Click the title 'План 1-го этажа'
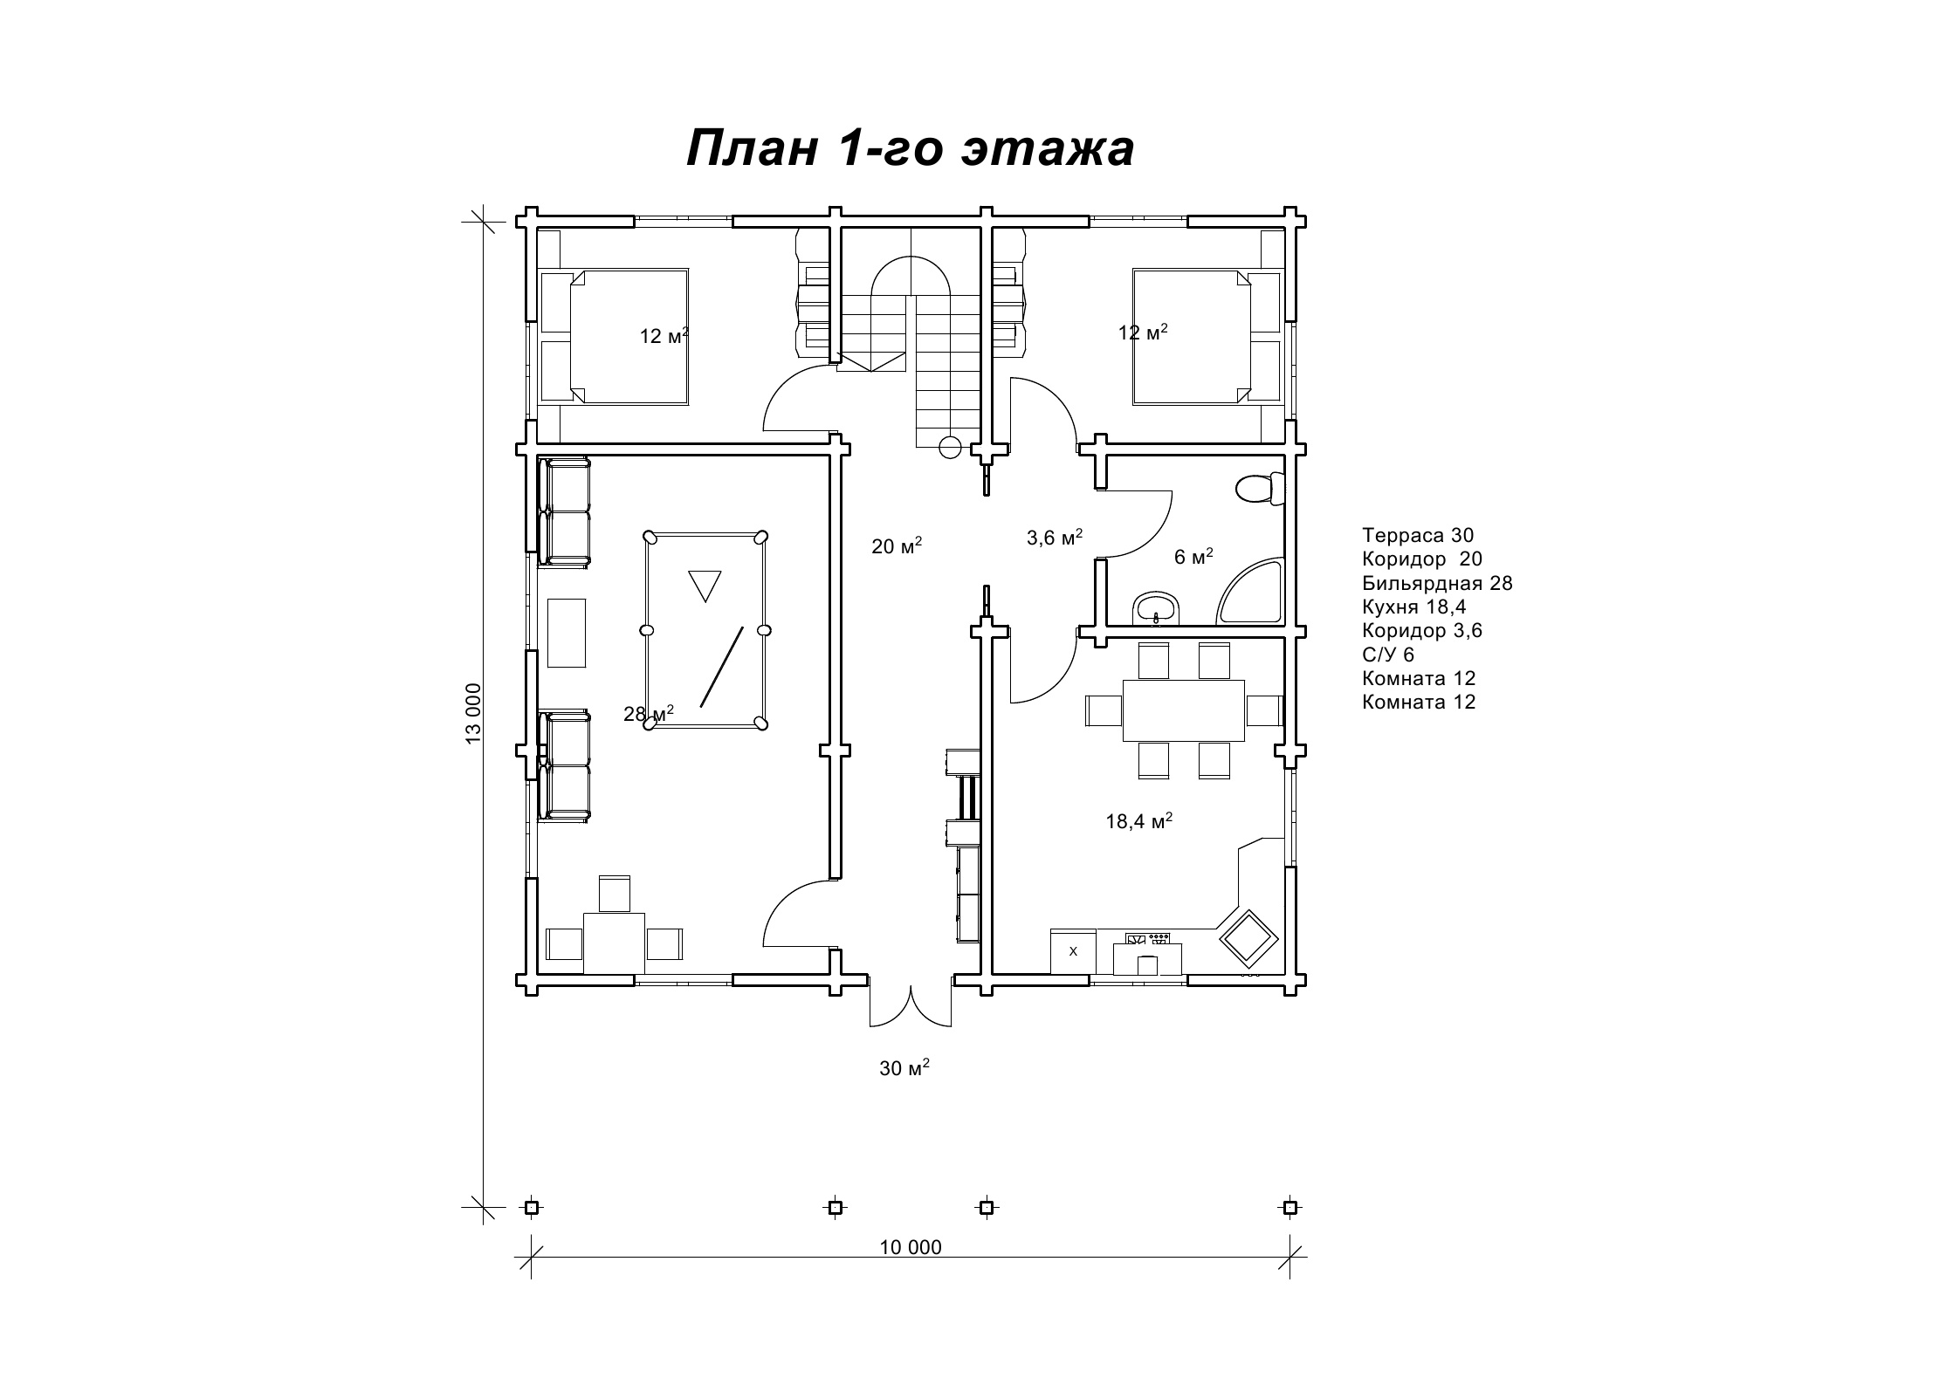pyautogui.click(x=910, y=148)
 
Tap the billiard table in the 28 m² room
pyautogui.click(x=705, y=629)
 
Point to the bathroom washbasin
pyautogui.click(x=1157, y=609)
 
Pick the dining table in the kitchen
pyautogui.click(x=1184, y=710)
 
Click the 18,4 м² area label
pyautogui.click(x=1138, y=821)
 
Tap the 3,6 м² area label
pyautogui.click(x=1055, y=538)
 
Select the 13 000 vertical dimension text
pyautogui.click(x=473, y=713)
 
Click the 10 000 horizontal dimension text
pyautogui.click(x=911, y=1247)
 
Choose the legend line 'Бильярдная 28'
pyautogui.click(x=1437, y=583)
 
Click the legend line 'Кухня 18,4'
pyautogui.click(x=1414, y=607)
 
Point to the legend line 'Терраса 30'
pyautogui.click(x=1418, y=535)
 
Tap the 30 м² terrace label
pyautogui.click(x=904, y=1067)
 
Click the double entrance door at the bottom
pyautogui.click(x=911, y=1005)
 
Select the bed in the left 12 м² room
pyautogui.click(x=615, y=337)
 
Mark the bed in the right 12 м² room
pyautogui.click(x=1207, y=337)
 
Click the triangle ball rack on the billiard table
pyautogui.click(x=705, y=584)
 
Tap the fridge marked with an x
pyautogui.click(x=1074, y=951)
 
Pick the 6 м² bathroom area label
pyautogui.click(x=1193, y=557)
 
